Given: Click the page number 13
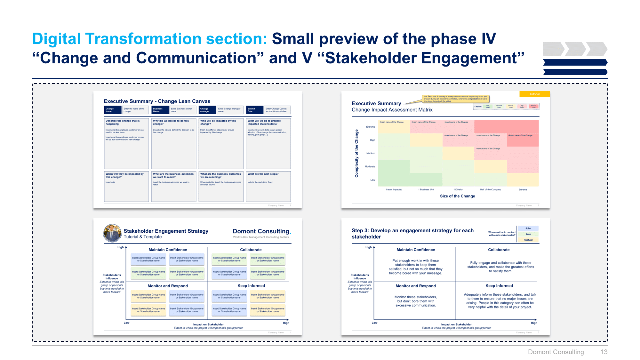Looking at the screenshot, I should pyautogui.click(x=604, y=352).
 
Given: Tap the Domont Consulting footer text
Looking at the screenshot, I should pyautogui.click(x=556, y=352).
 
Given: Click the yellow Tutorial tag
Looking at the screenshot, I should pyautogui.click(x=534, y=94).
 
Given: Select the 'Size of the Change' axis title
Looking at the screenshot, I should pyautogui.click(x=457, y=196).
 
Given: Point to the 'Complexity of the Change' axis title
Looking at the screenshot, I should pyautogui.click(x=356, y=153).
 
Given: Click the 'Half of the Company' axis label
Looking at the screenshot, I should pyautogui.click(x=490, y=189).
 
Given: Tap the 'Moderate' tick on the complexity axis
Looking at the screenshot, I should pyautogui.click(x=370, y=167).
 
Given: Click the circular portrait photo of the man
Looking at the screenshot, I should pyautogui.click(x=112, y=233).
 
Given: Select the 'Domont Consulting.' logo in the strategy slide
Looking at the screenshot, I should pyautogui.click(x=262, y=231).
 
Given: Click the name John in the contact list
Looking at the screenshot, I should pyautogui.click(x=528, y=228).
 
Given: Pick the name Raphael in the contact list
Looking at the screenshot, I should pyautogui.click(x=528, y=240).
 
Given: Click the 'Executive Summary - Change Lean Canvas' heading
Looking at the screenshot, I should pyautogui.click(x=157, y=101).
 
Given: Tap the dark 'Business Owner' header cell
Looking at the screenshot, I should pyautogui.click(x=160, y=110).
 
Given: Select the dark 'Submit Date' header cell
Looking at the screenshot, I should pyautogui.click(x=254, y=110).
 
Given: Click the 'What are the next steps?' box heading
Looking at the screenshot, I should pyautogui.click(x=263, y=174).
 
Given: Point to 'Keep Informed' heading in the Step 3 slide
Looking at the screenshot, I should pyautogui.click(x=499, y=286).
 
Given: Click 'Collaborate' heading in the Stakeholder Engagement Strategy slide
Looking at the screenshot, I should pyautogui.click(x=251, y=250).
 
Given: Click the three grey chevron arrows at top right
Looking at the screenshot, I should pyautogui.click(x=575, y=49).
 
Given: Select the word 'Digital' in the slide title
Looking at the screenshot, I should pyautogui.click(x=56, y=39).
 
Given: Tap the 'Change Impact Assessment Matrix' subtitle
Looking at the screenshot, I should pyautogui.click(x=392, y=110).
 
